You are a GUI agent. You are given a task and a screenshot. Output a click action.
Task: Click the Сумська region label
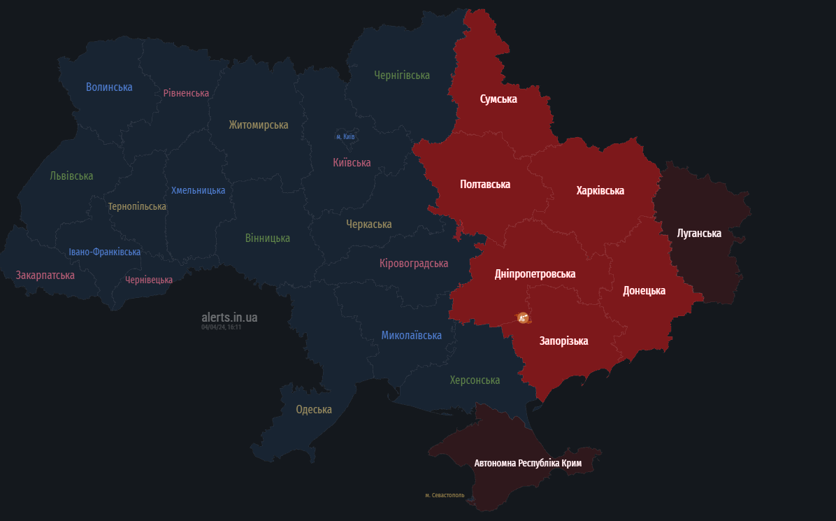498,99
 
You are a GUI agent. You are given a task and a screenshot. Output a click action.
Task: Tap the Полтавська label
485,185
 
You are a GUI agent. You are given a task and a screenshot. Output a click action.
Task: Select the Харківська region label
600,191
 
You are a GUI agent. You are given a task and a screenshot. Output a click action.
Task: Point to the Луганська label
699,234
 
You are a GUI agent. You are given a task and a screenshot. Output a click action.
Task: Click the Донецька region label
644,291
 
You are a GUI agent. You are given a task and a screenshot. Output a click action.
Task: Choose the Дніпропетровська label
535,274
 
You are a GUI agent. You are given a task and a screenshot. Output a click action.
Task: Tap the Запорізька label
563,341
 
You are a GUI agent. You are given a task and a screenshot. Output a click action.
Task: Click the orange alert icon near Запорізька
522,318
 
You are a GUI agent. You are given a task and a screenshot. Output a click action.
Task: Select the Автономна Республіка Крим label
528,463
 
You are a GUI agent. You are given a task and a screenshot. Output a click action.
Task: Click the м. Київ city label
345,136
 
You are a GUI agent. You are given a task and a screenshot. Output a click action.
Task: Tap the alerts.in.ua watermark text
229,317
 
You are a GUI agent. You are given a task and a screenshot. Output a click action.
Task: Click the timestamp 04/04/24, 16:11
221,327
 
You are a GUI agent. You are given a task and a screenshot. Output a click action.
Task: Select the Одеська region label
314,410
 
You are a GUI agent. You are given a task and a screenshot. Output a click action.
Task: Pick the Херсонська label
475,380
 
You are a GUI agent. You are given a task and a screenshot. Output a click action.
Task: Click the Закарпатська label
45,276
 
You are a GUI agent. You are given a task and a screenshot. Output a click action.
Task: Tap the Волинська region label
109,87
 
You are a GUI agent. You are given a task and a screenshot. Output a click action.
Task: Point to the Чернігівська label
402,75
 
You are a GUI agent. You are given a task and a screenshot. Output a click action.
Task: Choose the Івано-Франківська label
105,252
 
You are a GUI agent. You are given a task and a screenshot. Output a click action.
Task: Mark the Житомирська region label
259,125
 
